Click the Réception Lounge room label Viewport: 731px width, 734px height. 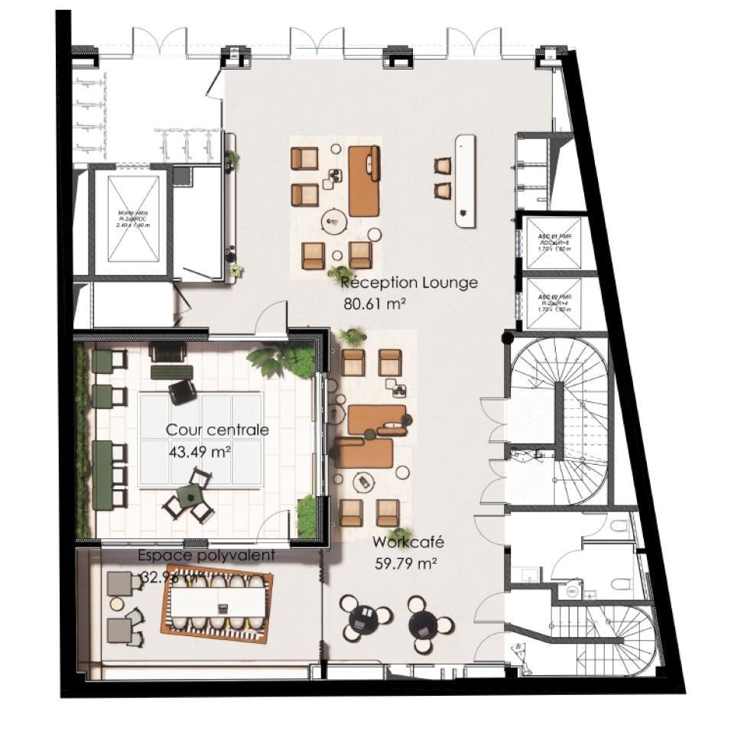[409, 283]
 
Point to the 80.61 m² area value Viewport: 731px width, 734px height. [375, 304]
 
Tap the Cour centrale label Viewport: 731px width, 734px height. [217, 430]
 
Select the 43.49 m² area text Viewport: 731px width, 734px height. [200, 452]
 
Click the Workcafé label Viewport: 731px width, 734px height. [408, 543]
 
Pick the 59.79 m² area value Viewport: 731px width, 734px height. [406, 565]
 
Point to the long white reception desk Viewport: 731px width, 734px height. [466, 180]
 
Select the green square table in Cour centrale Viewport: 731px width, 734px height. [188, 499]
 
